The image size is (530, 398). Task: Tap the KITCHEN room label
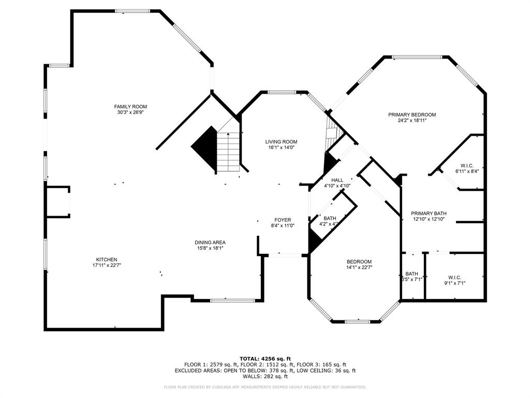click(x=106, y=260)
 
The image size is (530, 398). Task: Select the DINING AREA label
click(x=210, y=243)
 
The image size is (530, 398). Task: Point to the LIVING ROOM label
click(x=281, y=141)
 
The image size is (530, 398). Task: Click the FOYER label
click(x=283, y=220)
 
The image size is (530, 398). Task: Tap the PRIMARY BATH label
click(x=429, y=213)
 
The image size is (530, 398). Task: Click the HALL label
click(x=337, y=180)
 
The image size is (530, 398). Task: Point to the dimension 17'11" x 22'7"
click(x=106, y=265)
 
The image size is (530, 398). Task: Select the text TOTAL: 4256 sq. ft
click(x=265, y=359)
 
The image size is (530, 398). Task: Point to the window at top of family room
click(x=132, y=11)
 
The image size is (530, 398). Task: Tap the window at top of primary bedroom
click(x=417, y=57)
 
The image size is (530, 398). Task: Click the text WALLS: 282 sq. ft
click(x=265, y=376)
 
